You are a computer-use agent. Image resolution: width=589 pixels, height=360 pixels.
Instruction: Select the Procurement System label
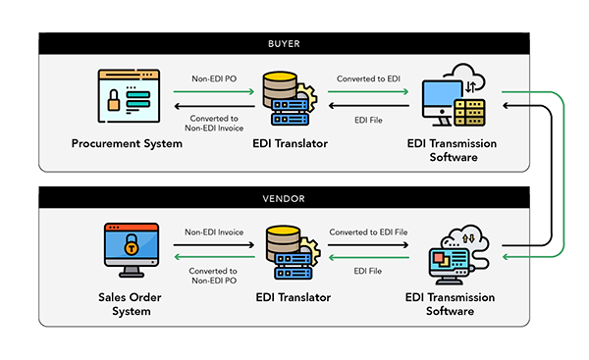[127, 144]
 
